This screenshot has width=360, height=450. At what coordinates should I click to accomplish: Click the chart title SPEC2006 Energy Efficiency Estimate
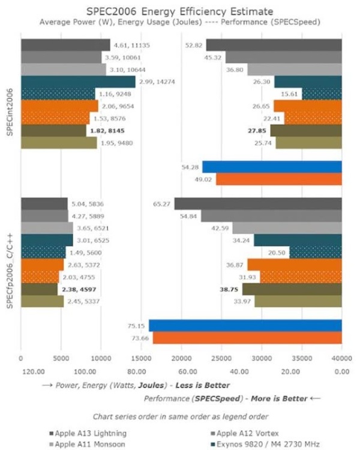[180, 10]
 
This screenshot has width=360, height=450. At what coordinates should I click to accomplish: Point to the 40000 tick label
[341, 358]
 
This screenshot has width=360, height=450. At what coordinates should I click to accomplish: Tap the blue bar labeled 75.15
[245, 325]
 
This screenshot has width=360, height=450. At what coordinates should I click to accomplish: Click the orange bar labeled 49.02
[278, 179]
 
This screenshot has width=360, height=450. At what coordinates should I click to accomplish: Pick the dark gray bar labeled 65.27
[258, 203]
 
